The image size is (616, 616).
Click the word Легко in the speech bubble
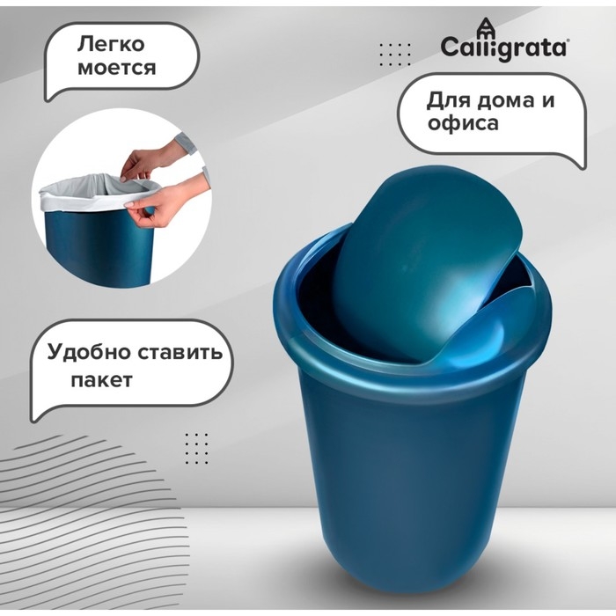point(112,43)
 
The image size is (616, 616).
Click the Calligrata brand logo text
point(503,47)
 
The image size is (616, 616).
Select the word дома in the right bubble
point(503,99)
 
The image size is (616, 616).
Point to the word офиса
point(462,123)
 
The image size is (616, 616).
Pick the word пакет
point(101,380)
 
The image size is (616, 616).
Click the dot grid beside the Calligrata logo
point(394,55)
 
